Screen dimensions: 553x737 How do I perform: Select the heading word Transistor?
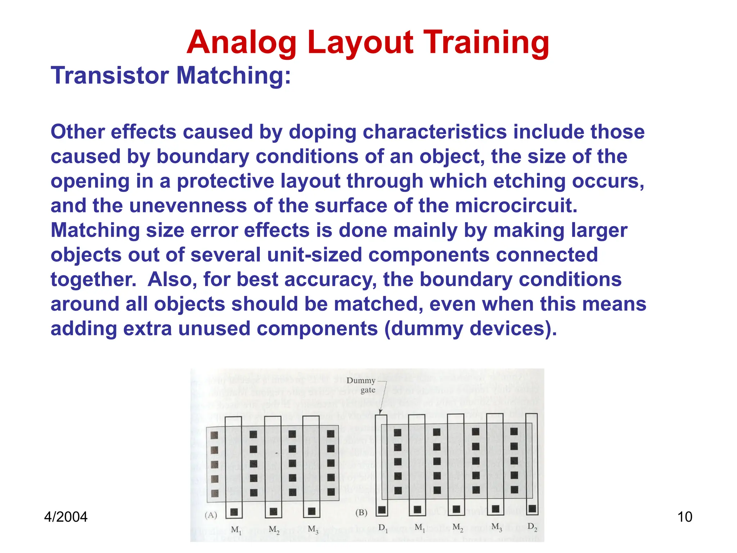(x=110, y=76)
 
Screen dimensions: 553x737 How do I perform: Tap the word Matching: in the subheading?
(x=234, y=76)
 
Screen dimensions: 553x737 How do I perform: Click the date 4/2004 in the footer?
(x=65, y=517)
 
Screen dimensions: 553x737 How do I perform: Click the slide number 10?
(x=684, y=517)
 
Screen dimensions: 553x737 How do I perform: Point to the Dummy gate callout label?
(x=361, y=385)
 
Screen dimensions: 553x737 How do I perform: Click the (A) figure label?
(x=211, y=515)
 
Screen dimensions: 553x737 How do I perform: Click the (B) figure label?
(x=361, y=512)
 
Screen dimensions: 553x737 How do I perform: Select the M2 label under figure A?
(x=274, y=530)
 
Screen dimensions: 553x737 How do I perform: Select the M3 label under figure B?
(x=497, y=527)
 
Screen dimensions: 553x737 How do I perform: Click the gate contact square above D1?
(x=382, y=510)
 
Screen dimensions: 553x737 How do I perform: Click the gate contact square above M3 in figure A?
(x=312, y=511)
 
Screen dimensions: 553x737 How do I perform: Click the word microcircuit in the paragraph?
(x=516, y=206)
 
